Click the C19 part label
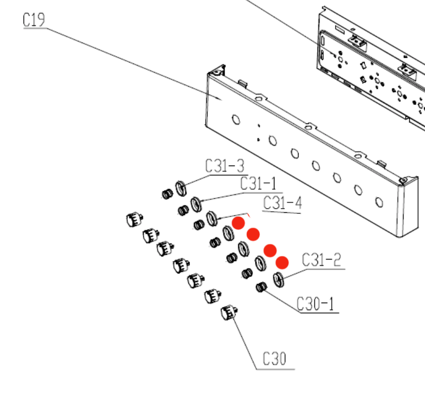pos(34,20)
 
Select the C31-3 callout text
pos(225,167)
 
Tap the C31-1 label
pos(258,184)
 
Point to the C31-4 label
pos(282,203)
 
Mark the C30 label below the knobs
pos(274,359)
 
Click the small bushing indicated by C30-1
pos(261,287)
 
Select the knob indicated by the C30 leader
pos(228,314)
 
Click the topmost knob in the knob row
pos(134,219)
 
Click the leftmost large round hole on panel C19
pos(236,119)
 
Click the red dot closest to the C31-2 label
pos(282,262)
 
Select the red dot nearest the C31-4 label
pos(239,222)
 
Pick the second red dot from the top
pos(253,234)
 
